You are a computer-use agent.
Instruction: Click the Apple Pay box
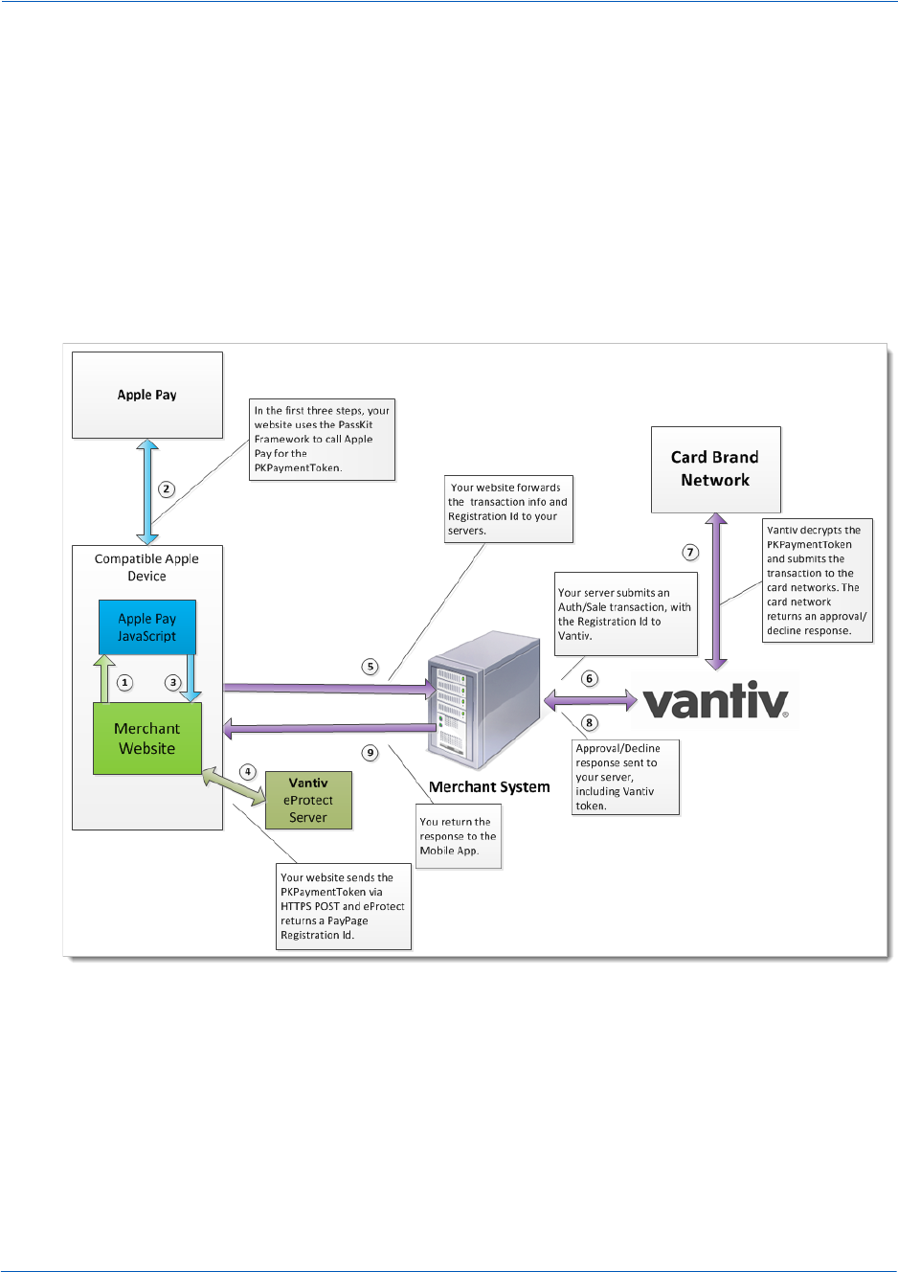[x=147, y=395]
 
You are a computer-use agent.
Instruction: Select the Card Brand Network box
[x=715, y=469]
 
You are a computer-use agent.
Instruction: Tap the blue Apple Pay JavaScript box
[x=146, y=627]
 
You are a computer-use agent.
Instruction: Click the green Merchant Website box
[x=146, y=738]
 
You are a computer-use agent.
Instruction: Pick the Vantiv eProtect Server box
[x=308, y=800]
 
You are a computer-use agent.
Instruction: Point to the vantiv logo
[x=715, y=701]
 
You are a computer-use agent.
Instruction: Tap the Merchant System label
[x=489, y=787]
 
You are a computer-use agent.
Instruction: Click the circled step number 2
[x=167, y=489]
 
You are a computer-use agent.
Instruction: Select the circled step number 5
[x=370, y=667]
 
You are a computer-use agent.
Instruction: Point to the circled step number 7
[x=690, y=553]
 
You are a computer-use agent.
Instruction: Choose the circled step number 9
[x=370, y=753]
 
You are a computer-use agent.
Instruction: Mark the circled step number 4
[x=248, y=772]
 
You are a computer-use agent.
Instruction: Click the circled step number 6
[x=590, y=679]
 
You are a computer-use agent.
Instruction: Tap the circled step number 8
[x=590, y=723]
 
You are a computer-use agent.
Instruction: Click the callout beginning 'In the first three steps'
[x=322, y=440]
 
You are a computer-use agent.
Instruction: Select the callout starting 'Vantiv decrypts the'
[x=817, y=580]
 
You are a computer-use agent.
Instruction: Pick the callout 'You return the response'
[x=459, y=836]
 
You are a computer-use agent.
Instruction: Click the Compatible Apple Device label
[x=146, y=567]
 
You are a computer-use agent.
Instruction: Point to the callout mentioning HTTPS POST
[x=343, y=906]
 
